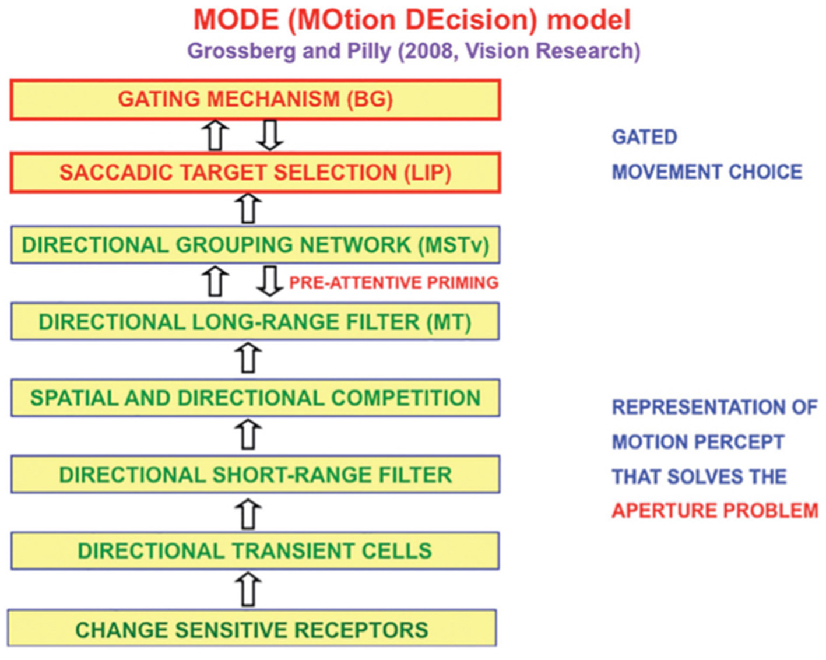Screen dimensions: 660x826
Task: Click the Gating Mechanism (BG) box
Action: point(255,100)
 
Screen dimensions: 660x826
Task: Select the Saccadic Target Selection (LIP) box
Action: point(255,173)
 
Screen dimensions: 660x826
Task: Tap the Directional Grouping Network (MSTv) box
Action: point(255,245)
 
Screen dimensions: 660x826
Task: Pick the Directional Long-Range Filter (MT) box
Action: point(255,322)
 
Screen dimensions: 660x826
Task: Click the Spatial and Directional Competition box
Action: point(255,398)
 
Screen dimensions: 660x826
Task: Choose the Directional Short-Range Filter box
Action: point(255,475)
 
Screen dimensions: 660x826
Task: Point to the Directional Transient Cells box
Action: point(255,551)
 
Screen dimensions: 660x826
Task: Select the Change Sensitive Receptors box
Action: point(252,629)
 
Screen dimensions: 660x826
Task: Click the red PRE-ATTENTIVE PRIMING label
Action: point(393,283)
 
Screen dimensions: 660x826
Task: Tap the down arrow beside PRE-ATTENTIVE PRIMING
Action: point(269,282)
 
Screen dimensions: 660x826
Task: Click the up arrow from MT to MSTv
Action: point(216,282)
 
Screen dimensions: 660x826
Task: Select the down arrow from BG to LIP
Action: point(269,135)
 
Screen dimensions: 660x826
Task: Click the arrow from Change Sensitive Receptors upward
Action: point(249,589)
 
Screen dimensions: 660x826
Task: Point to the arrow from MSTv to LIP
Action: point(249,209)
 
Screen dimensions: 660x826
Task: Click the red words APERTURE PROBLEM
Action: point(715,511)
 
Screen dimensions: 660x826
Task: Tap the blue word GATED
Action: point(644,137)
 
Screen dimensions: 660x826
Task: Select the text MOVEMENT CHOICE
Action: point(707,172)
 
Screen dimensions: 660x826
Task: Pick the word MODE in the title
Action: point(236,20)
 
